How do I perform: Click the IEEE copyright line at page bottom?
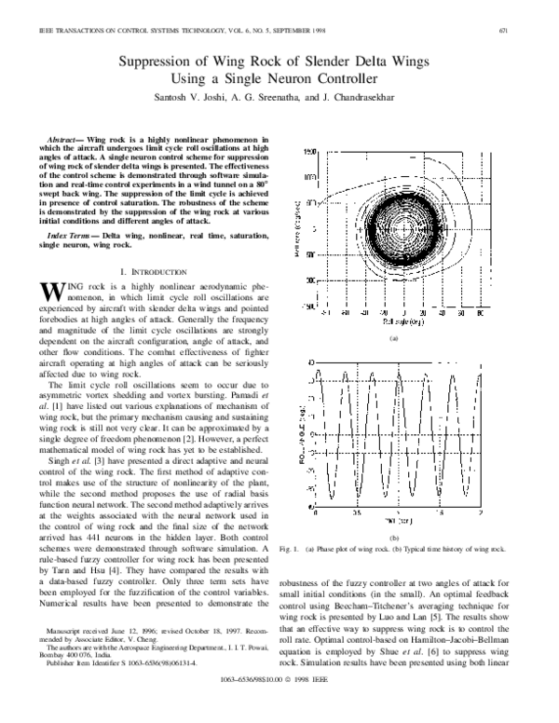(279, 713)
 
